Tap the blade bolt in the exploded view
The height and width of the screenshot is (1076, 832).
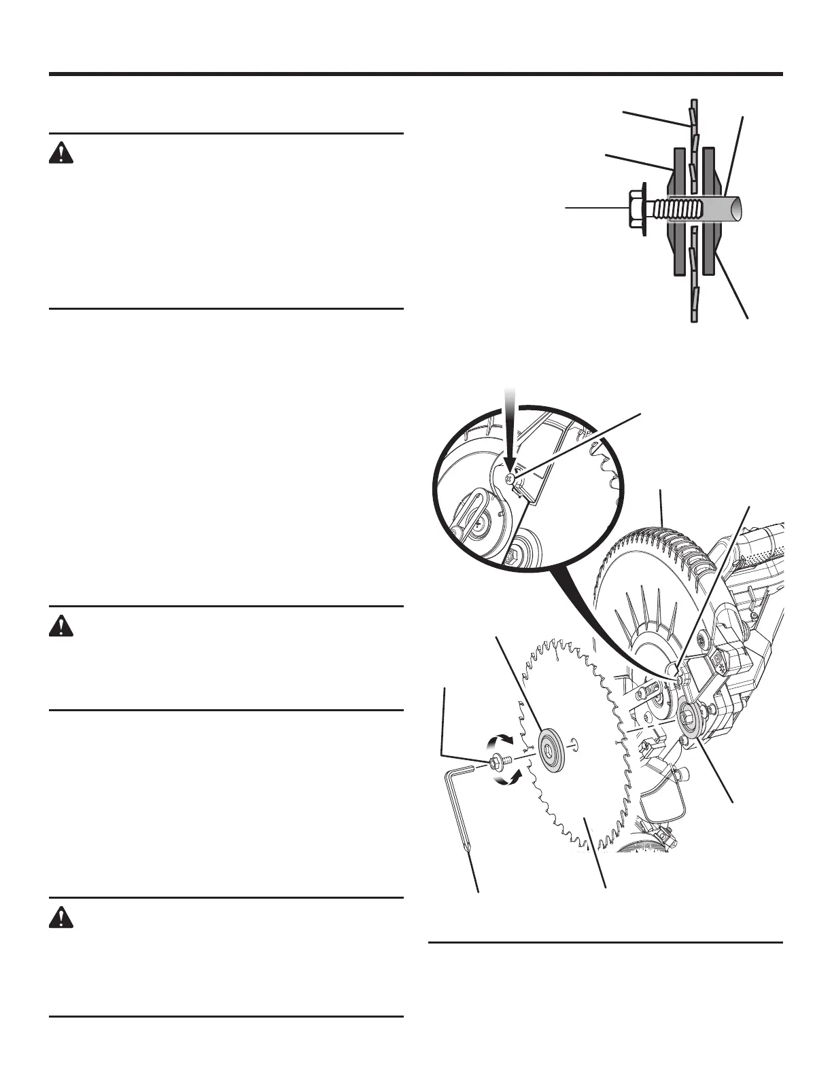496,764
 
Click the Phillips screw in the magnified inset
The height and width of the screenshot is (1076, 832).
510,478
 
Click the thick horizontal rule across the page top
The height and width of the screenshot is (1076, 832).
416,74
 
